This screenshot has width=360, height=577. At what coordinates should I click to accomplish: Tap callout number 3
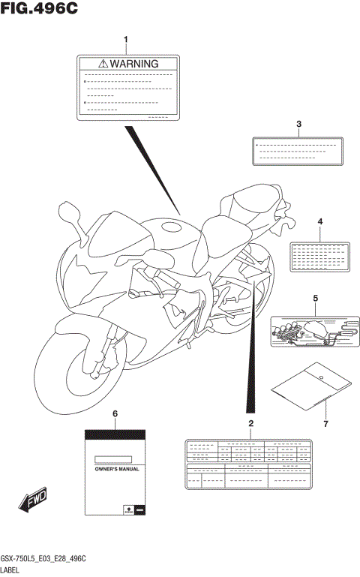click(298, 125)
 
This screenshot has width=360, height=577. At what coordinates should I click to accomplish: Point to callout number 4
click(319, 222)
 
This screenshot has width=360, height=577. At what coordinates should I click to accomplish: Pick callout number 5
click(315, 299)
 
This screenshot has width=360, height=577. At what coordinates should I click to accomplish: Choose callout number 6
click(115, 414)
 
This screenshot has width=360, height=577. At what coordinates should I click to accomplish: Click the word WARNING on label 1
click(134, 65)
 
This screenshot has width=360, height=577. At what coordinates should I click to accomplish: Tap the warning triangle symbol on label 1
click(103, 65)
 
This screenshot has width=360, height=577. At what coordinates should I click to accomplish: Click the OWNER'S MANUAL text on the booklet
click(114, 468)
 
